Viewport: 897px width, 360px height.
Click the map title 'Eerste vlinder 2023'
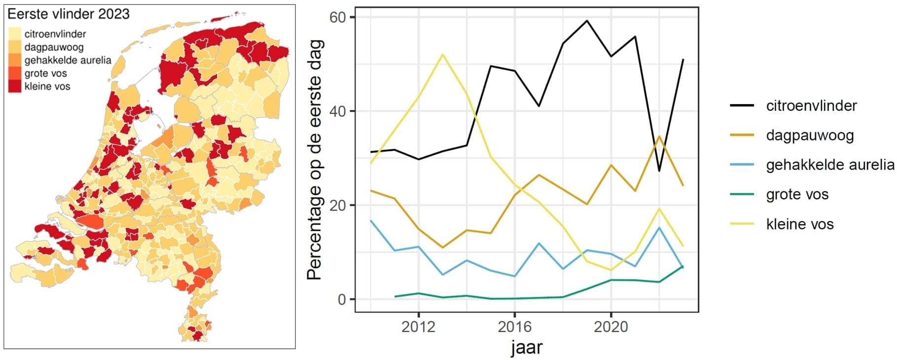[69, 14]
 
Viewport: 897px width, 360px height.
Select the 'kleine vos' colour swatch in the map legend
[15, 86]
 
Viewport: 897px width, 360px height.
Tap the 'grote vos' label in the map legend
[45, 73]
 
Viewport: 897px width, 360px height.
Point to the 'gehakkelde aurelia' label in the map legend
[68, 60]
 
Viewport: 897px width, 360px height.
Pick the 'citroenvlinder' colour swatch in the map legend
[15, 34]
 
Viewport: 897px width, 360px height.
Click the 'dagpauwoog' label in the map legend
[54, 47]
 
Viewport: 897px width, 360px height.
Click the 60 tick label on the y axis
[338, 17]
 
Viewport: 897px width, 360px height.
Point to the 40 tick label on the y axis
[338, 111]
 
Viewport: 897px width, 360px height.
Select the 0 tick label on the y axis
[342, 299]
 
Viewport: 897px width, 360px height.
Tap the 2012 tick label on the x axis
[418, 327]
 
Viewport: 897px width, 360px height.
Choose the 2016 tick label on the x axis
[514, 327]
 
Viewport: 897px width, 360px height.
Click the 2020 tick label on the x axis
[610, 327]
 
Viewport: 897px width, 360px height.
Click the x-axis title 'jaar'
[526, 348]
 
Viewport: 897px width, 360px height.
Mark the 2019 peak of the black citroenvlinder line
[587, 21]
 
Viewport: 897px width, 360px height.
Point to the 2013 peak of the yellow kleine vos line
[443, 54]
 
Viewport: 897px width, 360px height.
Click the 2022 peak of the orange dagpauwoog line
[659, 136]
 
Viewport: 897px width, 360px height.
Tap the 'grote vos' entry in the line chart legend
[797, 194]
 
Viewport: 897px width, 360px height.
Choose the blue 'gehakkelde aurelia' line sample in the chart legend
[742, 165]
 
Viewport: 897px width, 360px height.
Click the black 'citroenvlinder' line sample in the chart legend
[742, 106]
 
